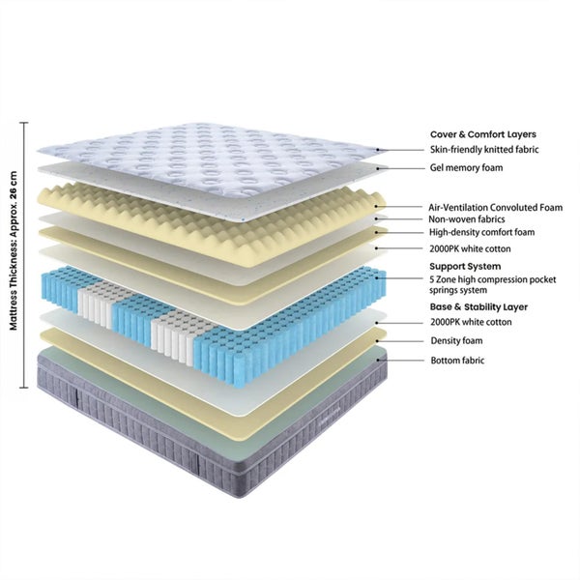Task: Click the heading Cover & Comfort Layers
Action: pyautogui.click(x=483, y=134)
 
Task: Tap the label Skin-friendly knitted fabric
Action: pyautogui.click(x=484, y=150)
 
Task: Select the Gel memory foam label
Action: pyautogui.click(x=466, y=168)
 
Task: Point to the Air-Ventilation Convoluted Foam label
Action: pyautogui.click(x=495, y=208)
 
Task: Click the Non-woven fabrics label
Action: pyautogui.click(x=467, y=219)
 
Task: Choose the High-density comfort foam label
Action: pyautogui.click(x=481, y=232)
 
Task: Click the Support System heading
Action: pyautogui.click(x=465, y=267)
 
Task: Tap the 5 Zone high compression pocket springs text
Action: pyautogui.click(x=492, y=285)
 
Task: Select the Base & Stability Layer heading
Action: pyautogui.click(x=478, y=307)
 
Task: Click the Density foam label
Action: pyautogui.click(x=456, y=340)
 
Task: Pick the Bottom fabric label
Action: pyautogui.click(x=457, y=361)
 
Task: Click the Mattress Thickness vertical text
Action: pyautogui.click(x=14, y=250)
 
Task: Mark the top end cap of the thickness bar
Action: pyautogui.click(x=23, y=123)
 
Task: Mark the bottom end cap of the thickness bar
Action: pyautogui.click(x=23, y=388)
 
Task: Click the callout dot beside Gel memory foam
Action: pyautogui.click(x=378, y=168)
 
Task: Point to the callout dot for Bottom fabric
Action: pyautogui.click(x=378, y=360)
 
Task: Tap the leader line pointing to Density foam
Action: pyautogui.click(x=401, y=341)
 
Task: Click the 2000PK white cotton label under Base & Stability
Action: pyautogui.click(x=471, y=322)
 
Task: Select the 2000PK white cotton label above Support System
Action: pyautogui.click(x=470, y=249)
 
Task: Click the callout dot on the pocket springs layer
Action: pyautogui.click(x=378, y=277)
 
